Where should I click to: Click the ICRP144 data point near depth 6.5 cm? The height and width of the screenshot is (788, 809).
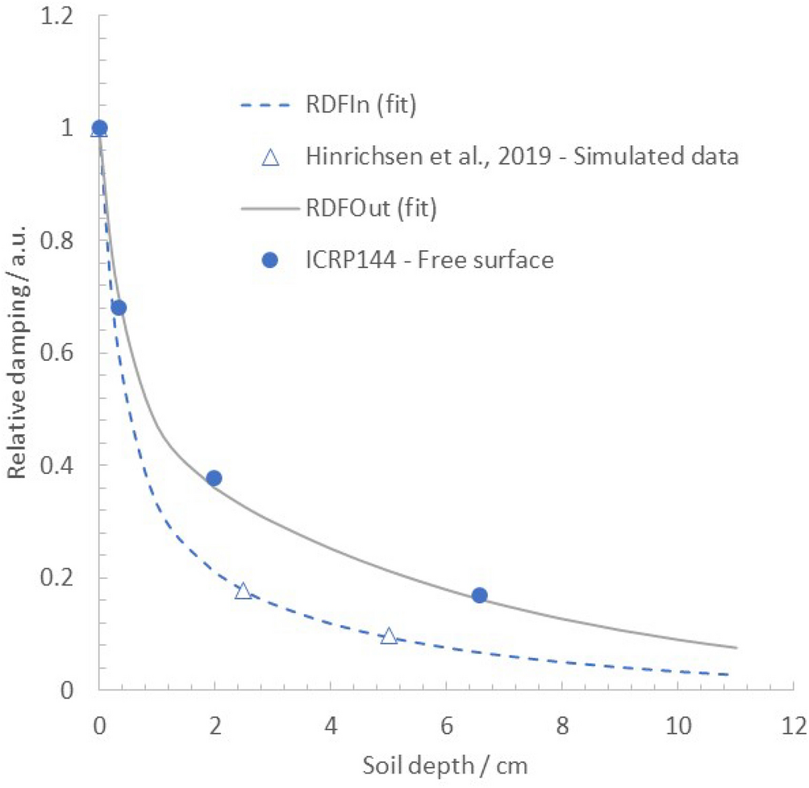click(479, 595)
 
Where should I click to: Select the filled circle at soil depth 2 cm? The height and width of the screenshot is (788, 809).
click(214, 478)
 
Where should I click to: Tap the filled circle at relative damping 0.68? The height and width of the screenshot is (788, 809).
click(119, 308)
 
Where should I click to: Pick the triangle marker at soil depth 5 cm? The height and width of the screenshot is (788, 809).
click(389, 636)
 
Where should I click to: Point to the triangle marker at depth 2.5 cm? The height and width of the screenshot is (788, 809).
click(243, 591)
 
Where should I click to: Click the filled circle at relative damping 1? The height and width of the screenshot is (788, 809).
click(99, 128)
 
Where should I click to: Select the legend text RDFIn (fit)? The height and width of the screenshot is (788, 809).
click(361, 106)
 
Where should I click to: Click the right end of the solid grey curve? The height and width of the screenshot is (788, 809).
click(736, 647)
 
